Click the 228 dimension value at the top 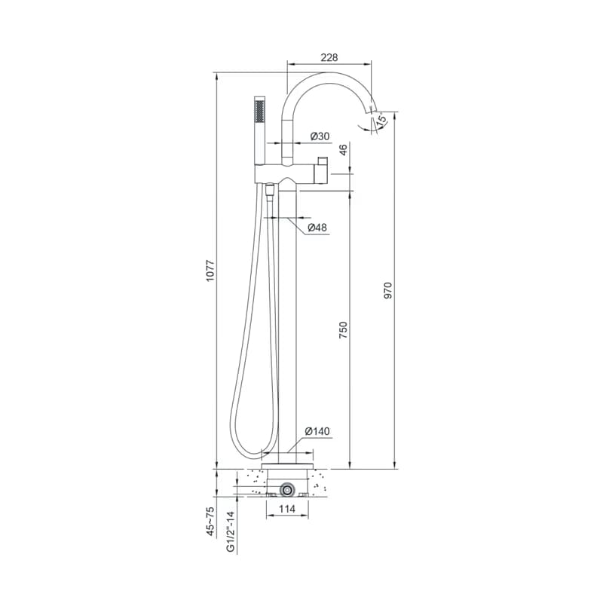tap(329, 57)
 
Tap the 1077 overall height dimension tap(210, 271)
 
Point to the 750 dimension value tap(343, 330)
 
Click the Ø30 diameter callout tap(320, 136)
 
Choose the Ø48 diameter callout tap(317, 228)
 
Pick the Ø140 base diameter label tap(317, 431)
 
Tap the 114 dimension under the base tap(287, 509)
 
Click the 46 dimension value tap(343, 148)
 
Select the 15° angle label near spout tap(381, 120)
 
